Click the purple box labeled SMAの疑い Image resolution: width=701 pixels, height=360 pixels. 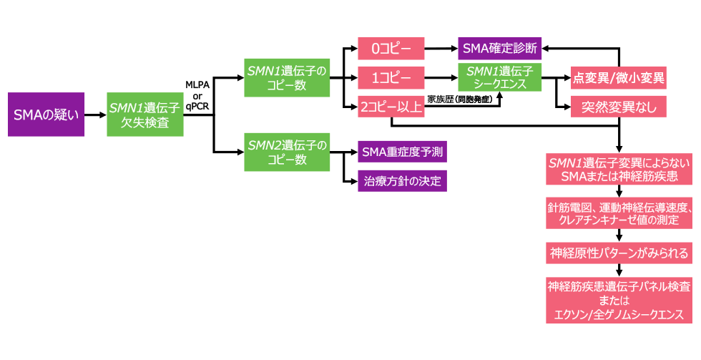46,114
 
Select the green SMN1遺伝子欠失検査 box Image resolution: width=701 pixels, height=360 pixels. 146,114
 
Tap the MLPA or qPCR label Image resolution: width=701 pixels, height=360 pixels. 197,94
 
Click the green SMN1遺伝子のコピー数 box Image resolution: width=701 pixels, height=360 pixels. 286,77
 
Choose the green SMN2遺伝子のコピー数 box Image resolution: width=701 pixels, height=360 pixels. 286,152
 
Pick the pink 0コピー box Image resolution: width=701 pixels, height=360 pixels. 391,50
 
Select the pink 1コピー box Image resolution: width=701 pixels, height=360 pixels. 391,77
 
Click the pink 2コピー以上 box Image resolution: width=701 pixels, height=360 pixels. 391,107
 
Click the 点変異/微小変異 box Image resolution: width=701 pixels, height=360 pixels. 618,78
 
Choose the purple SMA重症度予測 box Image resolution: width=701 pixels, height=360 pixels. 402,152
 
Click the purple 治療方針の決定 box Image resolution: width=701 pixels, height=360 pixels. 402,179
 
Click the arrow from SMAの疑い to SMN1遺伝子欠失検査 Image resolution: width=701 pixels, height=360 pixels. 96,114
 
